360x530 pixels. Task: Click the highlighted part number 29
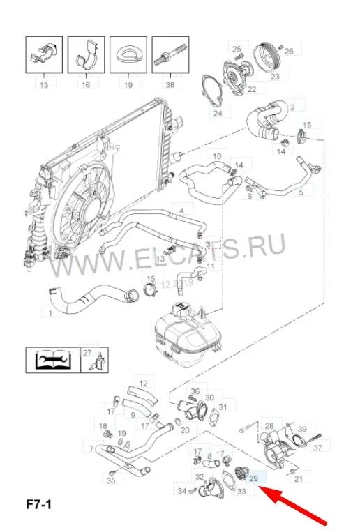(x=253, y=478)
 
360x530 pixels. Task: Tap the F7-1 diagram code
(x=39, y=505)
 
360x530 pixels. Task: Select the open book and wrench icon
(x=54, y=360)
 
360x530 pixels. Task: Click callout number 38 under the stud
(x=170, y=84)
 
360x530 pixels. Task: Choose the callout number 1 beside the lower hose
(x=50, y=313)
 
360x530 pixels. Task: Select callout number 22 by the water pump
(x=252, y=89)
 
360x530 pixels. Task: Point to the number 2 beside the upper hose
(x=292, y=107)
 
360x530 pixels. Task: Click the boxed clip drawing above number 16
(x=87, y=54)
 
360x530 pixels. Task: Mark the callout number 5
(x=301, y=192)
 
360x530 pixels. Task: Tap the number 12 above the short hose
(x=143, y=384)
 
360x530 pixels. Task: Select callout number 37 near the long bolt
(x=317, y=448)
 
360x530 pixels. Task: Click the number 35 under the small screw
(x=111, y=480)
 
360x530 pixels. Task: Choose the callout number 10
(x=218, y=156)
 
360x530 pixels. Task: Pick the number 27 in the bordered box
(x=87, y=353)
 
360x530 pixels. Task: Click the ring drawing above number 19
(x=128, y=54)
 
